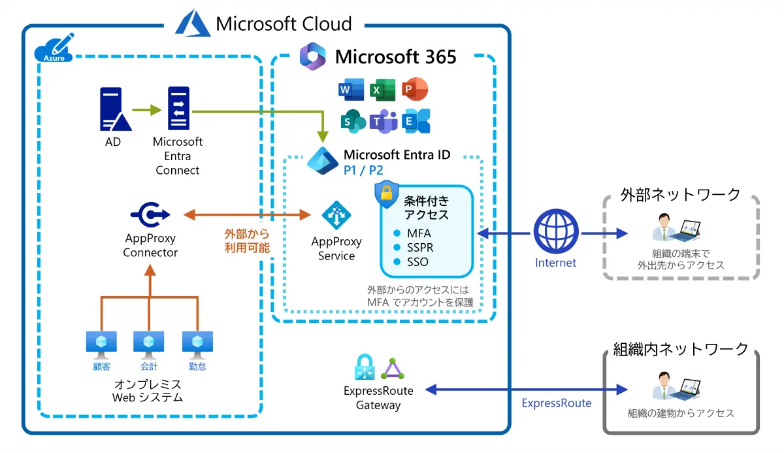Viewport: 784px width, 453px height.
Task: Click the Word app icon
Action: [x=351, y=89]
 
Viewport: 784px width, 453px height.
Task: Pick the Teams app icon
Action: [x=384, y=121]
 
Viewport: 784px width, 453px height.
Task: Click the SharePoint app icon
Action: [x=352, y=121]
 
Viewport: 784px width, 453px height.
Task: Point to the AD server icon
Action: [x=113, y=109]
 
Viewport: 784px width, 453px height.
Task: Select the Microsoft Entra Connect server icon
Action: [x=178, y=109]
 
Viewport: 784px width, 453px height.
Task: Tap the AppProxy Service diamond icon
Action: [x=336, y=214]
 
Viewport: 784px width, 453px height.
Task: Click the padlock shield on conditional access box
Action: [x=386, y=195]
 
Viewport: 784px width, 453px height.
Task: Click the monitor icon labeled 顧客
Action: [x=102, y=343]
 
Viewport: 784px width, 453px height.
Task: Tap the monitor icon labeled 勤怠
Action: [x=197, y=343]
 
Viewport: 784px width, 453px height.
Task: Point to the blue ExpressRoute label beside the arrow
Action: [x=556, y=403]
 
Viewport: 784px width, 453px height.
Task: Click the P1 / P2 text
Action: [x=363, y=171]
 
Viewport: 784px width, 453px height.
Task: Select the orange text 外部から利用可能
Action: [x=246, y=241]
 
